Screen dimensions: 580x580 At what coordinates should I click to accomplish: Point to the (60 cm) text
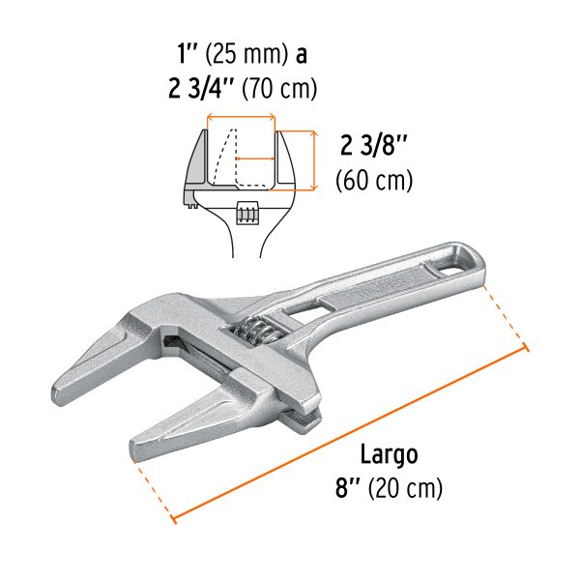(x=373, y=181)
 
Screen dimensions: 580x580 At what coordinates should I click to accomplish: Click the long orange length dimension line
(x=348, y=435)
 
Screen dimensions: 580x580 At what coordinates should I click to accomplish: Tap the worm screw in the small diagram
(x=246, y=211)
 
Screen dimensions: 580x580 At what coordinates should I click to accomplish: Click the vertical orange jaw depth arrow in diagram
(x=312, y=159)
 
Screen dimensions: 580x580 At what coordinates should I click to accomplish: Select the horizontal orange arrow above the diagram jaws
(x=242, y=119)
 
